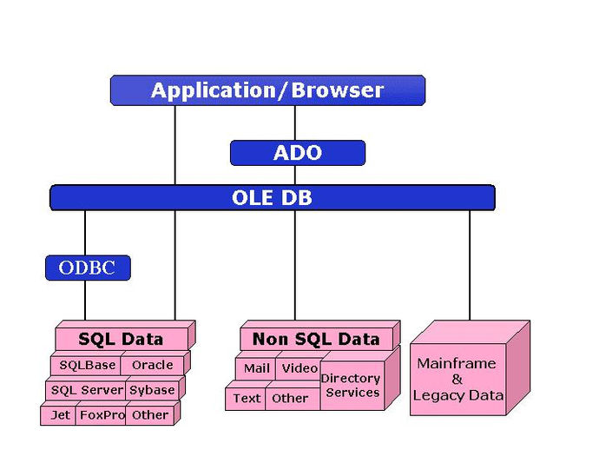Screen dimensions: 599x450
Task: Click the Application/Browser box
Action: tap(267, 90)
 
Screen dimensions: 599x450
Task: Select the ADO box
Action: tap(298, 153)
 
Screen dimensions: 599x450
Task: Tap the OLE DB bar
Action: tap(273, 198)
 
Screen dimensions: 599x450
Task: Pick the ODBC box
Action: tap(88, 268)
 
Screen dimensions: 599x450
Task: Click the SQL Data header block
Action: tap(122, 339)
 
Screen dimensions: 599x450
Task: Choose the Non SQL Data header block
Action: tap(316, 339)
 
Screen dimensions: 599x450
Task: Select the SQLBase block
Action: tap(86, 366)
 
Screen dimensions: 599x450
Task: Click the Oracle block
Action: tap(153, 366)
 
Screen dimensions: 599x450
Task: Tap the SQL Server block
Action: tap(86, 390)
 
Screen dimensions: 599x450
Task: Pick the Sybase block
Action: tap(152, 390)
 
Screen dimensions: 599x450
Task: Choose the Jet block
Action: tap(58, 415)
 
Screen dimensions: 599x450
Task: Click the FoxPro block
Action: tap(101, 415)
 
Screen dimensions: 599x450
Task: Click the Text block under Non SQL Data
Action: tap(246, 399)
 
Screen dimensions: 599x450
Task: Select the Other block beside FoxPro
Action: tap(150, 415)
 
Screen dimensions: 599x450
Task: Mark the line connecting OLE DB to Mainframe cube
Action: tap(470, 265)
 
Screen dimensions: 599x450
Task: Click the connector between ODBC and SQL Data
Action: tap(85, 301)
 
